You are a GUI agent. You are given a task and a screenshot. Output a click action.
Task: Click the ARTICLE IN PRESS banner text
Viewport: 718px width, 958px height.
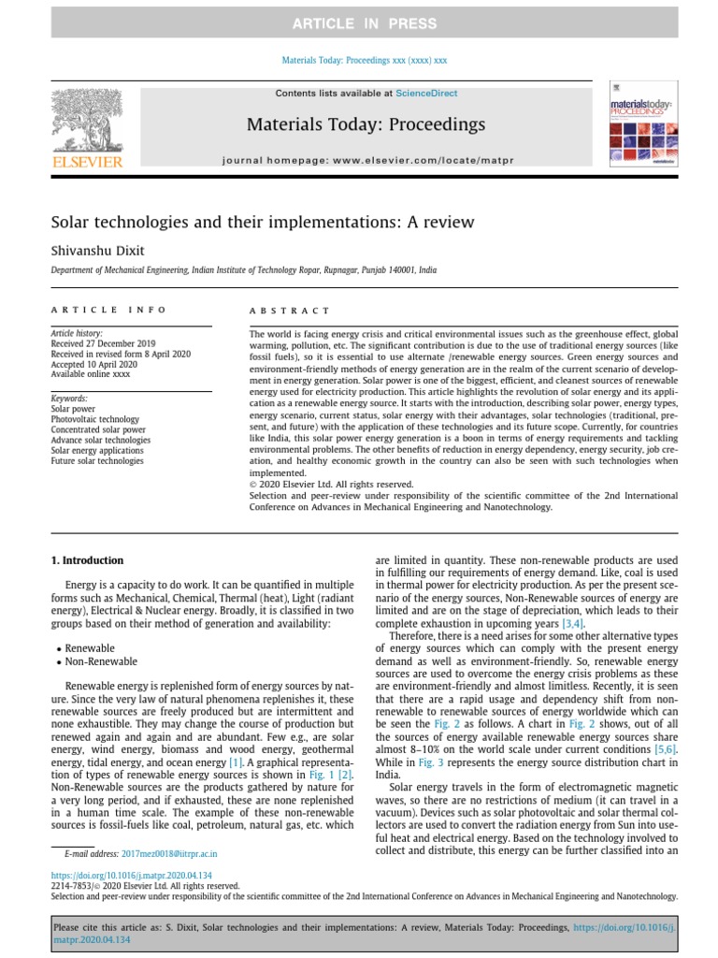pos(365,22)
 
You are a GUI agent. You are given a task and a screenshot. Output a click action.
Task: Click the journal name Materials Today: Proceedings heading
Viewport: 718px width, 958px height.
pos(366,124)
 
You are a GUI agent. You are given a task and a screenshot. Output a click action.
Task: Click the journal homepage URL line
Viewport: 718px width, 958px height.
pos(366,160)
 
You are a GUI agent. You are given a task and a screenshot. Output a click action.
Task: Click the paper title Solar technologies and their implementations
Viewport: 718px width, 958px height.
pos(262,223)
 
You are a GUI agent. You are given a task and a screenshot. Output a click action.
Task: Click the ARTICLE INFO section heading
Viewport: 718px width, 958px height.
pos(108,310)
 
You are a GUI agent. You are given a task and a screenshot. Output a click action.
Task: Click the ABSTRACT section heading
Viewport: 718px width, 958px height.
pos(289,311)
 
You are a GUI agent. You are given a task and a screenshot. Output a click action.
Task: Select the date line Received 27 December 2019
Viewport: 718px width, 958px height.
pos(103,343)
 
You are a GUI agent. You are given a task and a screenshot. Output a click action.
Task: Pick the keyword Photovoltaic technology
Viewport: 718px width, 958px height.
pos(94,420)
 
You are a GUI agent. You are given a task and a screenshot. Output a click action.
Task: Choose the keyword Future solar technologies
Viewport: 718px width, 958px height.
pos(97,461)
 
